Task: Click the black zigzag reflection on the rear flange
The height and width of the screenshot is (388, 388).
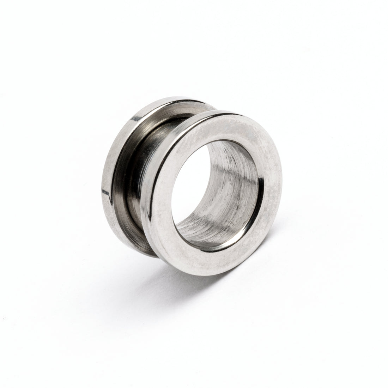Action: pyautogui.click(x=106, y=192)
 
